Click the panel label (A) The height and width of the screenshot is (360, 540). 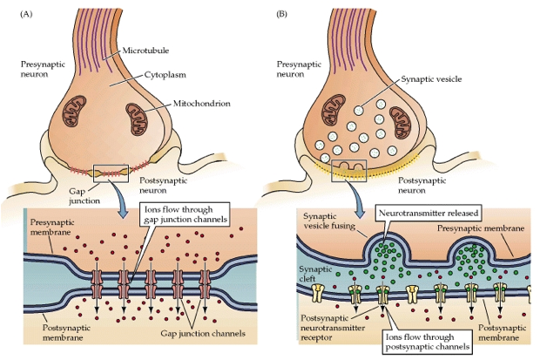tap(26, 14)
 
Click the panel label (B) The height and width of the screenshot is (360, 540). tap(281, 14)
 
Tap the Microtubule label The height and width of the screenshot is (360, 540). tap(145, 51)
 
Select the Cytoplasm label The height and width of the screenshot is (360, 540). tap(165, 74)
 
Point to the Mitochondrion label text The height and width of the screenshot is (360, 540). tap(201, 104)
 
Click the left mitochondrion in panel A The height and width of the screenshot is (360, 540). tap(74, 111)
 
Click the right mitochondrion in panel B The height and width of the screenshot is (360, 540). tap(401, 122)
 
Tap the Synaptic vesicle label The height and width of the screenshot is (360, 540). tap(431, 79)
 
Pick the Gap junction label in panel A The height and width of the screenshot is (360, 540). tap(84, 196)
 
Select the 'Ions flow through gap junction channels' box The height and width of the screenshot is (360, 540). tap(185, 214)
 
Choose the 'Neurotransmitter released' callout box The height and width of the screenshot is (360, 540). tap(429, 213)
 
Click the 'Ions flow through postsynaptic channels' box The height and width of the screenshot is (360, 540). tap(427, 342)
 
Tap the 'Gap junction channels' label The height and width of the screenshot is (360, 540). tap(203, 334)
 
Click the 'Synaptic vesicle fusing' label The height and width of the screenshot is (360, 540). tap(329, 221)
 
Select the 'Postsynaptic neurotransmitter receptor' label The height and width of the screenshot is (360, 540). tap(333, 328)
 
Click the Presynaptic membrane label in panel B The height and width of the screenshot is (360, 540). tap(481, 228)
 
